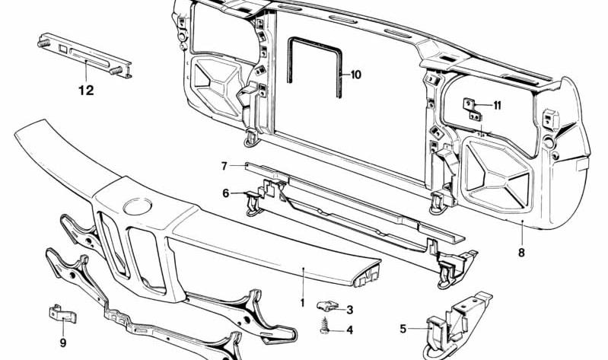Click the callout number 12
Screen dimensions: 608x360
pos(86,91)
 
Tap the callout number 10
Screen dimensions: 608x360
pos(355,75)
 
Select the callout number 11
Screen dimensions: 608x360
pos(497,105)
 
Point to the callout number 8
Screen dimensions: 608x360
pos(521,253)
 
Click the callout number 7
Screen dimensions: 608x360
pos(224,166)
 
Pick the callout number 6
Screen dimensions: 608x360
pos(226,193)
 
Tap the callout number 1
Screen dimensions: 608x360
pos(303,303)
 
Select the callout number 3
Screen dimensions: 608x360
pos(350,310)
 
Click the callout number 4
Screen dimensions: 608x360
pos(350,330)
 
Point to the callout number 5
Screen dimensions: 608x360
pos(403,329)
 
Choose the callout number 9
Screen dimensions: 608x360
pos(63,343)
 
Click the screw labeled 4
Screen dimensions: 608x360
pos(324,326)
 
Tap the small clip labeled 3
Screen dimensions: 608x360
pos(326,306)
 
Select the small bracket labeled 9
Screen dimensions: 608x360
pos(62,314)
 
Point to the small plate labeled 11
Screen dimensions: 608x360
pos(472,110)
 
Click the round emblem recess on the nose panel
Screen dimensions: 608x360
pos(137,206)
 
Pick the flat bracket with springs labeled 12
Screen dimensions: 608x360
pos(84,56)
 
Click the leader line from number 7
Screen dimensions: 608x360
pos(237,166)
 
